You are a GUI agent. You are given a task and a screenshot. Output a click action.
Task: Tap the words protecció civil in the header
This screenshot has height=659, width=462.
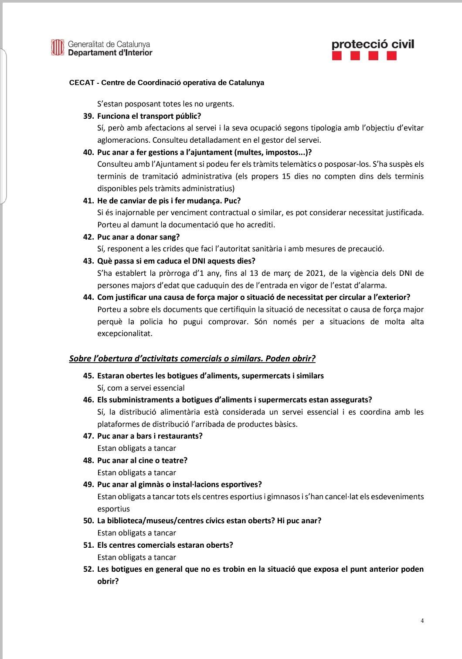(373, 44)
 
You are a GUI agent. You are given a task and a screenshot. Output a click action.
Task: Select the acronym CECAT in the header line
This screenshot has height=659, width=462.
(82, 83)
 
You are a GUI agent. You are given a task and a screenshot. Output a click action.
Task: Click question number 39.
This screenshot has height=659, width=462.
(88, 116)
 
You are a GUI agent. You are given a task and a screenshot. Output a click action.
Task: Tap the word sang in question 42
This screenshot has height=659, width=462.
(172, 237)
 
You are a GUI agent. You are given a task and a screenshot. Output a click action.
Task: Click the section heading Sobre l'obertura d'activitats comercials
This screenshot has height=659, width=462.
(192, 359)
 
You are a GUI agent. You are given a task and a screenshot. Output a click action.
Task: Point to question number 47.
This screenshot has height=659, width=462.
(88, 436)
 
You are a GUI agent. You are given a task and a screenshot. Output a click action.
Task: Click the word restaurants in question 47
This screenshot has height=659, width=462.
(180, 436)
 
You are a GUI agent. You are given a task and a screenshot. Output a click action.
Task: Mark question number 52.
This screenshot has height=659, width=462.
(88, 569)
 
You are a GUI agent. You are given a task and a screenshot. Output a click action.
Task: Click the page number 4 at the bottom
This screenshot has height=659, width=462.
(422, 621)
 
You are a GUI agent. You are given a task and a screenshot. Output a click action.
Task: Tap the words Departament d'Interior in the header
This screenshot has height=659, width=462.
(110, 53)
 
